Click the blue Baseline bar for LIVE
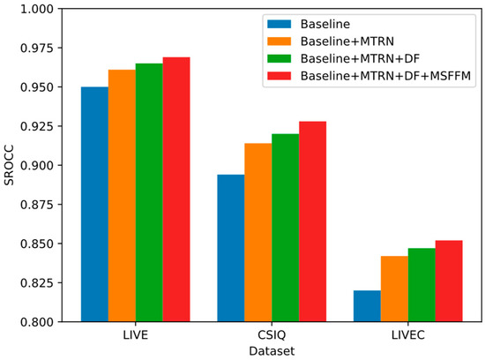pyautogui.click(x=94, y=204)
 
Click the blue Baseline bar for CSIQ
pyautogui.click(x=231, y=248)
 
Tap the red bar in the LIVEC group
pyautogui.click(x=449, y=281)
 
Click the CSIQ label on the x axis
pyautogui.click(x=272, y=334)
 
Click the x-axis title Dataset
pyautogui.click(x=272, y=350)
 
